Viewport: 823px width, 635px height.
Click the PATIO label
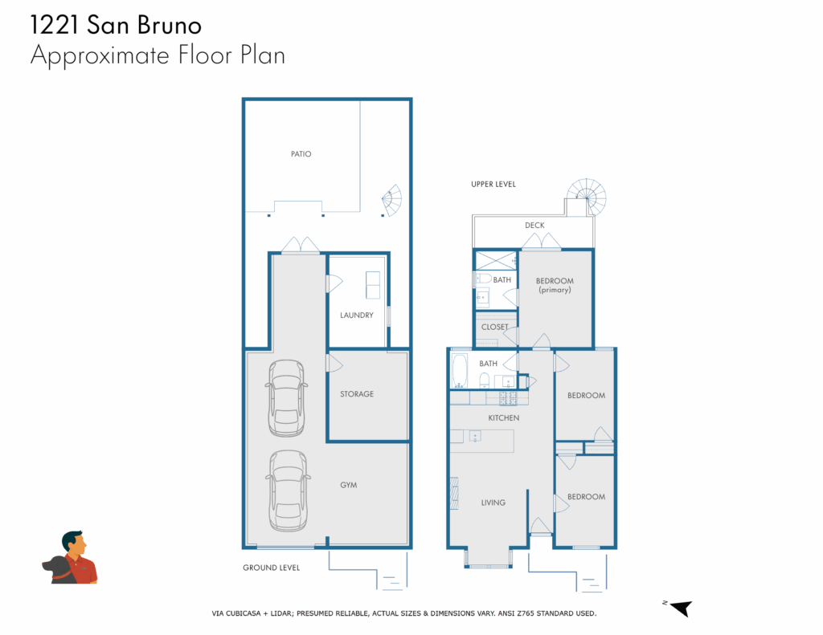301,153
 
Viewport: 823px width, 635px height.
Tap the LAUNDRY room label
356,315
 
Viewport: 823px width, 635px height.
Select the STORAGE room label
357,394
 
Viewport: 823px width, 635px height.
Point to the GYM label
349,485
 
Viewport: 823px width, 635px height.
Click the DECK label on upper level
534,225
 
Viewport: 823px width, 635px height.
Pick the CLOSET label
494,327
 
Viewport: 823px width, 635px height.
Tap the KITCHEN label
504,418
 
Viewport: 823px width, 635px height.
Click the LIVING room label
493,503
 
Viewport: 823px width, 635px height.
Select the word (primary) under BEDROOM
555,290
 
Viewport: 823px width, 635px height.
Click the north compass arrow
682,608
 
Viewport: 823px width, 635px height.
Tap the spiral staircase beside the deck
587,197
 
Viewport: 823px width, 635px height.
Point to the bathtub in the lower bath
460,371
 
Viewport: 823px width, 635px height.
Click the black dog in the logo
57,569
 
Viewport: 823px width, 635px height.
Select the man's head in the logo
74,543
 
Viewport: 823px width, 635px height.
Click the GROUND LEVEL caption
272,568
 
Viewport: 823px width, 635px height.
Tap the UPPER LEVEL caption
493,184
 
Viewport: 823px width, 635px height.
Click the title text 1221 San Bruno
116,25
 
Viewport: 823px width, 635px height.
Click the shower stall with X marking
496,261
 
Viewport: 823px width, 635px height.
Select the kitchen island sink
475,436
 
